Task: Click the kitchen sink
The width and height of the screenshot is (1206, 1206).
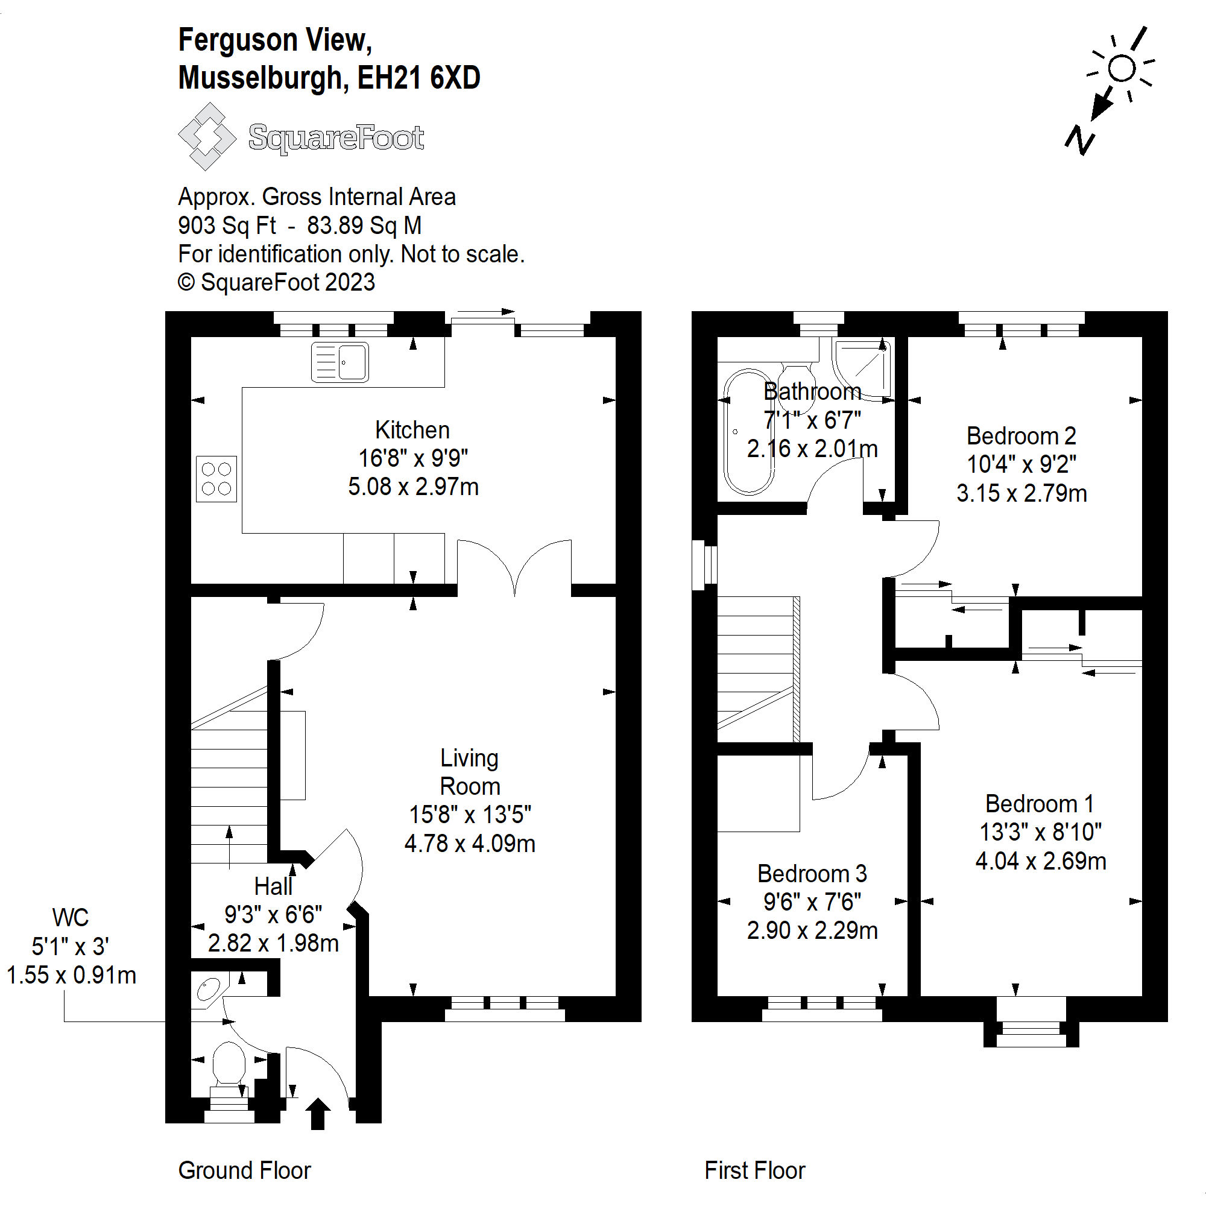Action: point(339,362)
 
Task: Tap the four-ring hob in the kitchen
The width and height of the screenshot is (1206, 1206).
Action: point(216,479)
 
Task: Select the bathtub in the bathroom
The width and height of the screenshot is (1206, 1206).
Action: point(748,431)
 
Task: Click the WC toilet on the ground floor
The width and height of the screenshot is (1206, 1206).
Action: point(229,1063)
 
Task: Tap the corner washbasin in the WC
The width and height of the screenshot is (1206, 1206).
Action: point(207,990)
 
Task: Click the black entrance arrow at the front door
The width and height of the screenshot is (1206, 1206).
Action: point(318,1114)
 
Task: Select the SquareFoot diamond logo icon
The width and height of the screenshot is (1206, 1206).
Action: point(207,137)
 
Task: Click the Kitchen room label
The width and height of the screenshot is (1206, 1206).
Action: point(412,430)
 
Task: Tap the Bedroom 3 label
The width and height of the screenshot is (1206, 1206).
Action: point(812,873)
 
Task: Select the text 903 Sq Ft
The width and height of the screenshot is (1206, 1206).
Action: point(227,226)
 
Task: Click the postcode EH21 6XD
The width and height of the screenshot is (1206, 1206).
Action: point(418,78)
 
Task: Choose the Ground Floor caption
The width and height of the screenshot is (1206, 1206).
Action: point(244,1170)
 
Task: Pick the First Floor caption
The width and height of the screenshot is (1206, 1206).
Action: point(754,1170)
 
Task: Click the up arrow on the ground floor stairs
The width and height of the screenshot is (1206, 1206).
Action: point(229,846)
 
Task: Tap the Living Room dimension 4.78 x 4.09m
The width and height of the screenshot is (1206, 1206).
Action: point(469,844)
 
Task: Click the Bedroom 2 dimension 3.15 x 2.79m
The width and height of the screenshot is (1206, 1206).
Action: point(1021,493)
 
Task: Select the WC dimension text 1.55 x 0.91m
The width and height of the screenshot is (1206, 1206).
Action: point(71,975)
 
